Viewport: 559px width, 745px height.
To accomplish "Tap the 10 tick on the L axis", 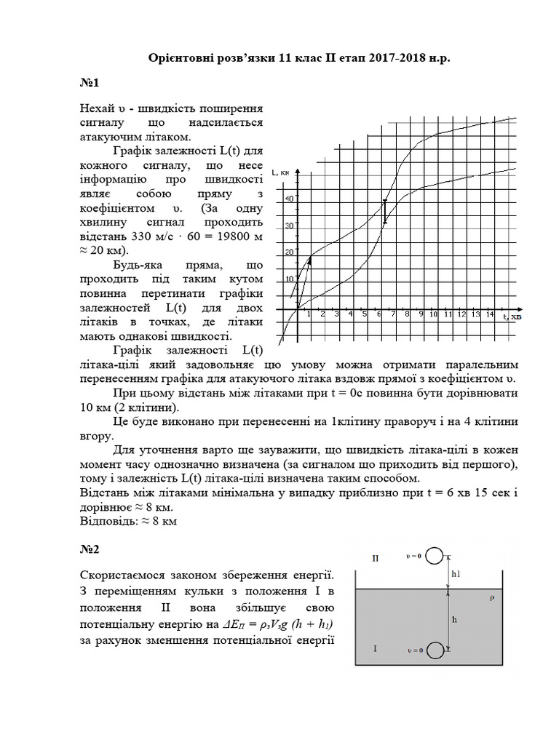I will tap(289, 278).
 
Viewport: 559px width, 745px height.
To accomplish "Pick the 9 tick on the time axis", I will tap(420, 315).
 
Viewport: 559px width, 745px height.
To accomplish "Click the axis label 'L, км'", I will tap(280, 172).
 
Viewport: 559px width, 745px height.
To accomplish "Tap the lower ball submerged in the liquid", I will tap(435, 650).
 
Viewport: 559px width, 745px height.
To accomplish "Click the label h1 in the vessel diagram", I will tap(456, 574).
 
